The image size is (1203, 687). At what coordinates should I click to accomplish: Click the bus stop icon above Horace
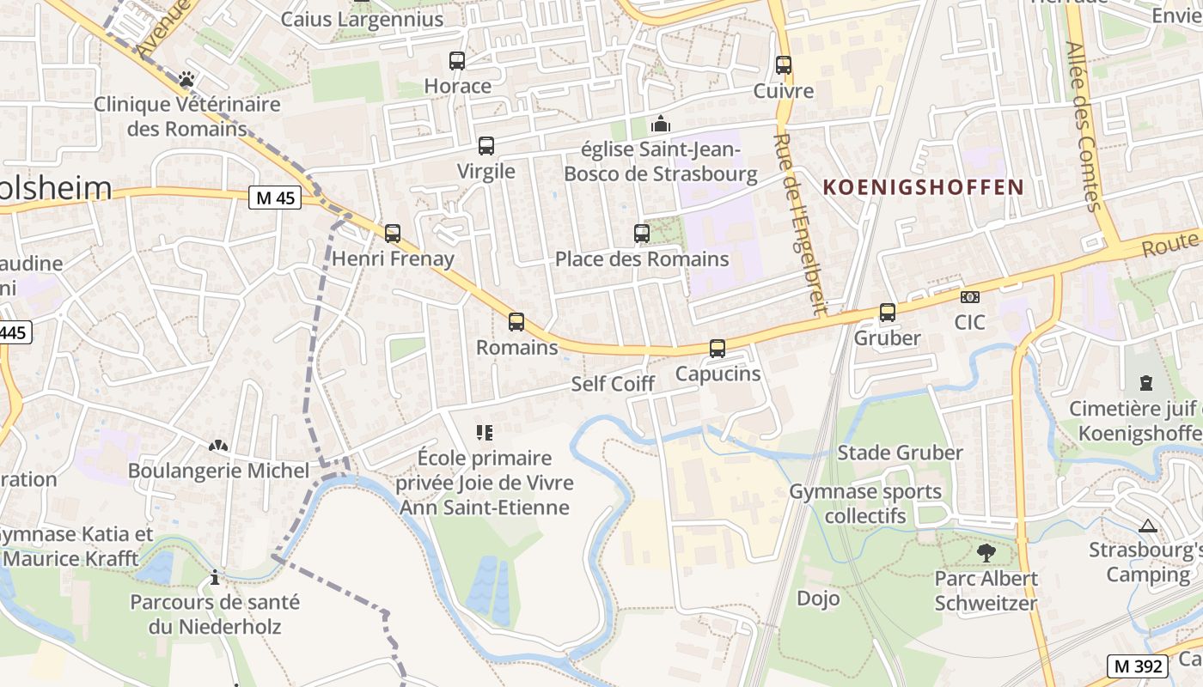coord(457,61)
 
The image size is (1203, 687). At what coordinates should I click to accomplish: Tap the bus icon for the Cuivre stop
coord(783,65)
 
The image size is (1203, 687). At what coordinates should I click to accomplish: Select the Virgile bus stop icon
coord(486,146)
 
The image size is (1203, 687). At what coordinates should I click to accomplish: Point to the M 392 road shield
coord(1137,666)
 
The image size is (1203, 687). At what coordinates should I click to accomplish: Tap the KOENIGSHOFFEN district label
coord(924,187)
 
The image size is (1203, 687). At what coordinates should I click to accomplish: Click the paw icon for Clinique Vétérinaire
coord(186,80)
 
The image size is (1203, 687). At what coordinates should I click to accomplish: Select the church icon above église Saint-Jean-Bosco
coord(660,124)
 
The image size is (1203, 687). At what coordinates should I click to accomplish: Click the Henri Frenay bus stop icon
coord(393,233)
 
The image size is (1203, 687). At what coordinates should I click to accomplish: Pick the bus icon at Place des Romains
coord(641,234)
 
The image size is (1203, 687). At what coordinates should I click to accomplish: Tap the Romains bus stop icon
coord(516,322)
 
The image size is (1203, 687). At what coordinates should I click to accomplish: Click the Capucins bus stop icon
coord(718,349)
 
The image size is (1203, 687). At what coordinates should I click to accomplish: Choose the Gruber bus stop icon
coord(888,313)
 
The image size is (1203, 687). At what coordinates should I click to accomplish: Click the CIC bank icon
coord(970,297)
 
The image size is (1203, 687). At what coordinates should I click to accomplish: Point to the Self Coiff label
coord(613,384)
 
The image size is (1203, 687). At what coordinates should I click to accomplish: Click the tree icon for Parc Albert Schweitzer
coord(986,553)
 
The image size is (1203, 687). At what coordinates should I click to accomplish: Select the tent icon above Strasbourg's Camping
coord(1147,526)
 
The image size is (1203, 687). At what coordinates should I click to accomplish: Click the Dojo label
coord(818,598)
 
